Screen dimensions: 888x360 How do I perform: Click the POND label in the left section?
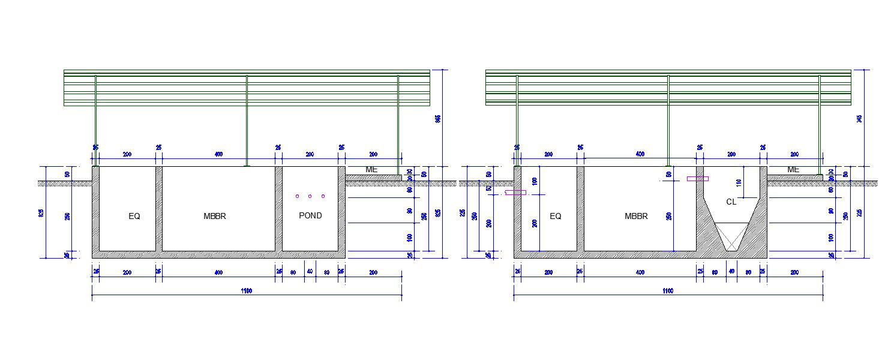pos(310,215)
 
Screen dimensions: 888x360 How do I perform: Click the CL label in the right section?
pos(731,202)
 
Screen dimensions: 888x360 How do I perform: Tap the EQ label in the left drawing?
pos(134,216)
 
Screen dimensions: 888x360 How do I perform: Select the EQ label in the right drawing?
pos(556,216)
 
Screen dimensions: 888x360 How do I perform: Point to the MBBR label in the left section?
pos(215,216)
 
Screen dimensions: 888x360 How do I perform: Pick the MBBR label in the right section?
pos(636,216)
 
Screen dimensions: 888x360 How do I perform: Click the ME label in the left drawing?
pos(371,170)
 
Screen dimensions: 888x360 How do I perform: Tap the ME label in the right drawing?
pos(793,170)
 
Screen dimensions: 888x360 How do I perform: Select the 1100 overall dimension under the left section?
pos(247,291)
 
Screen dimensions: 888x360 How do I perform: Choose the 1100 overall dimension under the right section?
pos(668,291)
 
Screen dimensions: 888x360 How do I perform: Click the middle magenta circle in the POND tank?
pos(310,196)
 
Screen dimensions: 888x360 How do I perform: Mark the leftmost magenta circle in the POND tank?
pos(297,196)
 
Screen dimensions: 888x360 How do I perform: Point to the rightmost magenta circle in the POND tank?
pos(323,196)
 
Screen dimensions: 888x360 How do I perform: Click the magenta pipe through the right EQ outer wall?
pos(515,193)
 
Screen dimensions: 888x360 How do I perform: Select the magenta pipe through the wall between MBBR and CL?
pos(698,178)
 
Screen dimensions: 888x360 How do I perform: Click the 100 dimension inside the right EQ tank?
pos(535,181)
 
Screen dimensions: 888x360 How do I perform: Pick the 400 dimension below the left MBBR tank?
pos(218,273)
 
